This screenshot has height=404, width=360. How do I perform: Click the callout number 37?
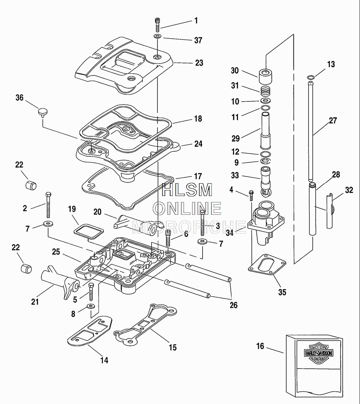tap(198, 41)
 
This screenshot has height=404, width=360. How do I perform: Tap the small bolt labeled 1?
tap(157, 25)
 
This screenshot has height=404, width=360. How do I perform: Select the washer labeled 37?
tap(157, 36)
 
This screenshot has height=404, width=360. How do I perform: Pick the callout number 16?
tap(260, 346)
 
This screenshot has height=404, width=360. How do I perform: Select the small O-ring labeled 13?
tap(310, 78)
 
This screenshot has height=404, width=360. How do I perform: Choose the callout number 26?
tap(233, 305)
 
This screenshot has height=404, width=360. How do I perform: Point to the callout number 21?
tap(35, 301)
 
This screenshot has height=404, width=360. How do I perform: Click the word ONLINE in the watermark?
tap(187, 208)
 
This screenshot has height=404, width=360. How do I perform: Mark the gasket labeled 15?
tap(145, 323)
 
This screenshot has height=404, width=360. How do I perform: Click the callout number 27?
tap(333, 121)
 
